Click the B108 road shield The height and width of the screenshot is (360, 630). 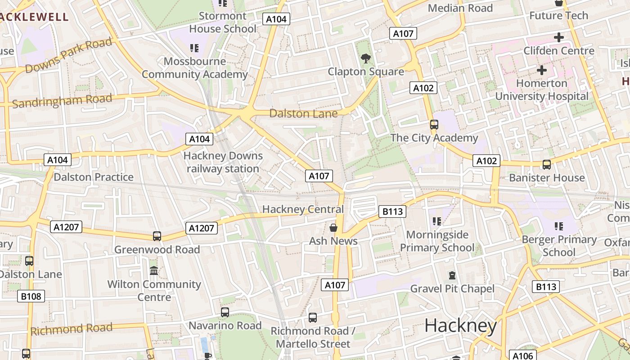click(31, 296)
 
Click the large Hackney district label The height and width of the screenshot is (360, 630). click(460, 325)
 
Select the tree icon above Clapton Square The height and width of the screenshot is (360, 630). click(366, 58)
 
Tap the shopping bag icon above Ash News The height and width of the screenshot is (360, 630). click(333, 228)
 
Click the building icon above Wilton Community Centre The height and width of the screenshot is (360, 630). click(154, 271)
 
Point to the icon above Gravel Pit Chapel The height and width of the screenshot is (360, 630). click(452, 275)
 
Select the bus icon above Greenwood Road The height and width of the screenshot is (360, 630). click(157, 236)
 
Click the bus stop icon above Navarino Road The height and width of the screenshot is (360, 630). click(225, 312)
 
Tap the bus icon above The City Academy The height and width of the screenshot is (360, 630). click(434, 125)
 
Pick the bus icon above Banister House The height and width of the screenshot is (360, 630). click(547, 165)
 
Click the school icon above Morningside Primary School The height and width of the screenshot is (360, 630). click(437, 221)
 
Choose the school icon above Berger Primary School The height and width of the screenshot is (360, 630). click(559, 226)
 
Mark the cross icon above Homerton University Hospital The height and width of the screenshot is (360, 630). click(542, 70)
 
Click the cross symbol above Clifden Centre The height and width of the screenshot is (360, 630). click(559, 37)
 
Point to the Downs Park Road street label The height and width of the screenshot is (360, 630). click(68, 56)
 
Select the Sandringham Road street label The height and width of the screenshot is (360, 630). click(62, 101)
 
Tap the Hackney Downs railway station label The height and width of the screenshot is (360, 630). click(223, 162)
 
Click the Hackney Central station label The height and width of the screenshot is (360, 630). click(303, 209)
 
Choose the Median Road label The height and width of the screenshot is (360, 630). click(460, 8)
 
